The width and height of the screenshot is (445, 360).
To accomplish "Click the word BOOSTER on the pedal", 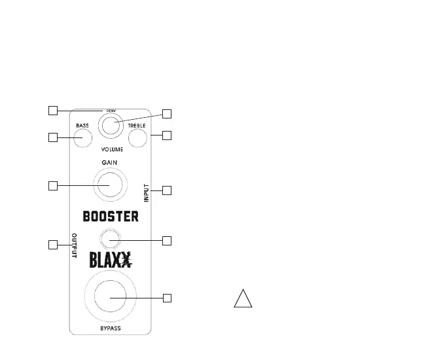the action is click(x=111, y=217).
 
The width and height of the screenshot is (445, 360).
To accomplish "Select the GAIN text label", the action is click(x=110, y=162).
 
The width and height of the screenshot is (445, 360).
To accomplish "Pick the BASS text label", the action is click(x=82, y=125).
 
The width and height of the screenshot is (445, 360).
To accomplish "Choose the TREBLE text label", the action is click(x=137, y=125).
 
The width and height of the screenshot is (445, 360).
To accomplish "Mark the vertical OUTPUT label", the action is click(x=74, y=246).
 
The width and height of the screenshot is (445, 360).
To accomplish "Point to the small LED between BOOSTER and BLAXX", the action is click(x=111, y=239).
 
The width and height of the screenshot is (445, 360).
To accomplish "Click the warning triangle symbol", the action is click(x=243, y=298).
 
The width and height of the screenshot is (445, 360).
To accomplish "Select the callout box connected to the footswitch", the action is click(x=166, y=298).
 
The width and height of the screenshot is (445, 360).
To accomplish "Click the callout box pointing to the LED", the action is click(x=166, y=240).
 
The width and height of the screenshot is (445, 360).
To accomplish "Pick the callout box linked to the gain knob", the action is click(x=53, y=185).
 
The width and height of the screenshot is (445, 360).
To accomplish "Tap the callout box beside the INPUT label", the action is click(x=166, y=190).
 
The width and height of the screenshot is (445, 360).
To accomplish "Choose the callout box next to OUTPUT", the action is click(x=53, y=245).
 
